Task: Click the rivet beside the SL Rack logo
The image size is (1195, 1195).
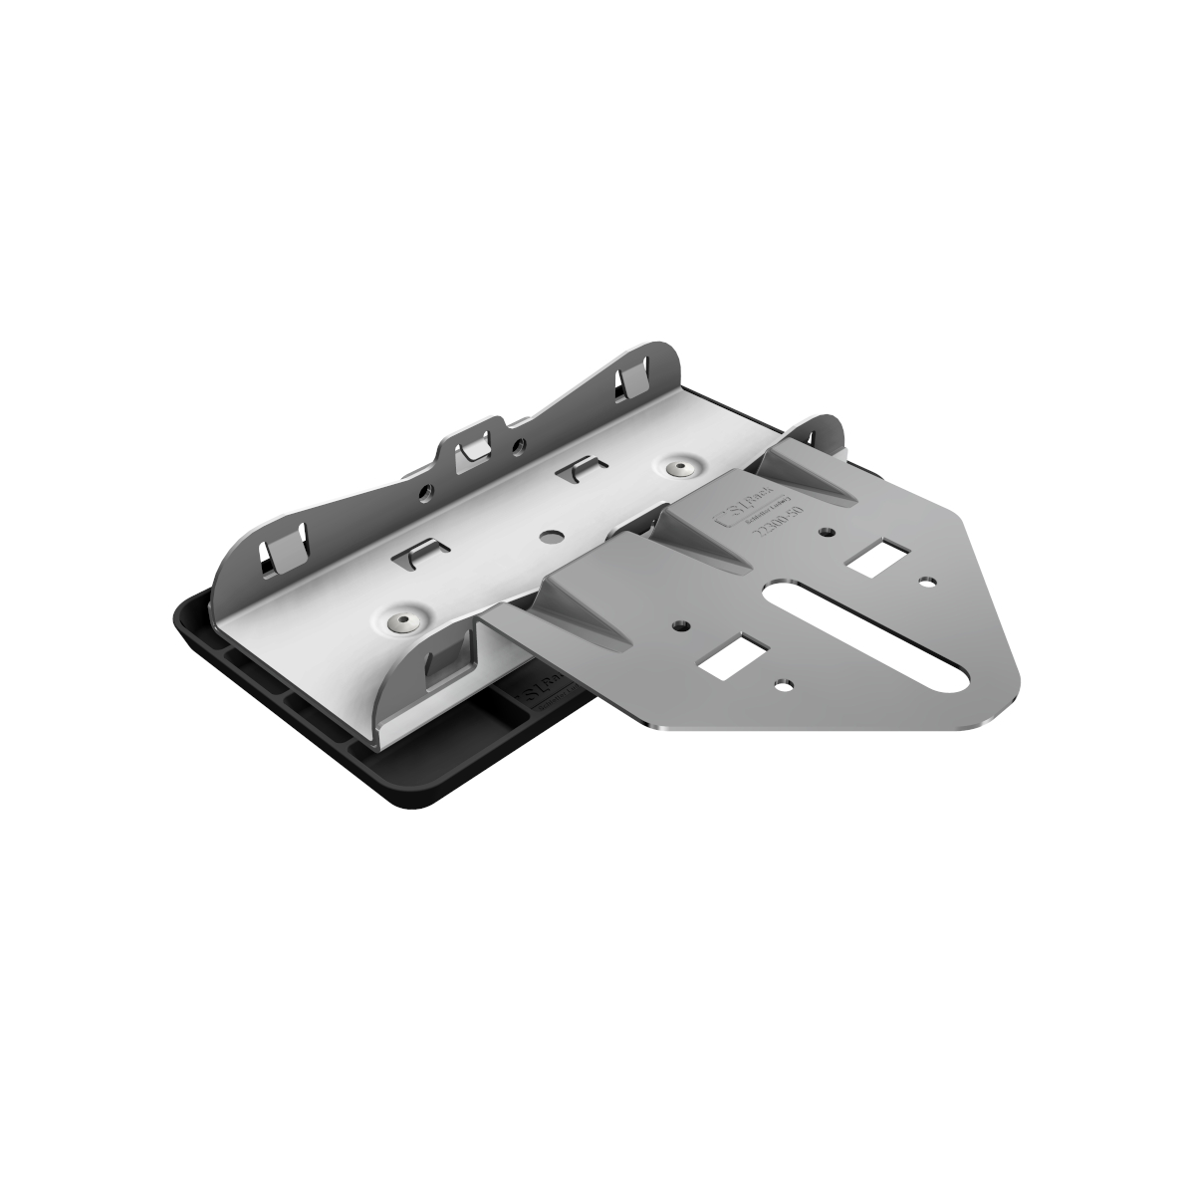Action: coord(682,468)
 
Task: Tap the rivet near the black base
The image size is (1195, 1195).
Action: coord(403,621)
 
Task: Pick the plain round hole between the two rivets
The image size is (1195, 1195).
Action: coord(549,535)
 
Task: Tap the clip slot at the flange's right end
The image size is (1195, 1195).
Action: coord(632,381)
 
